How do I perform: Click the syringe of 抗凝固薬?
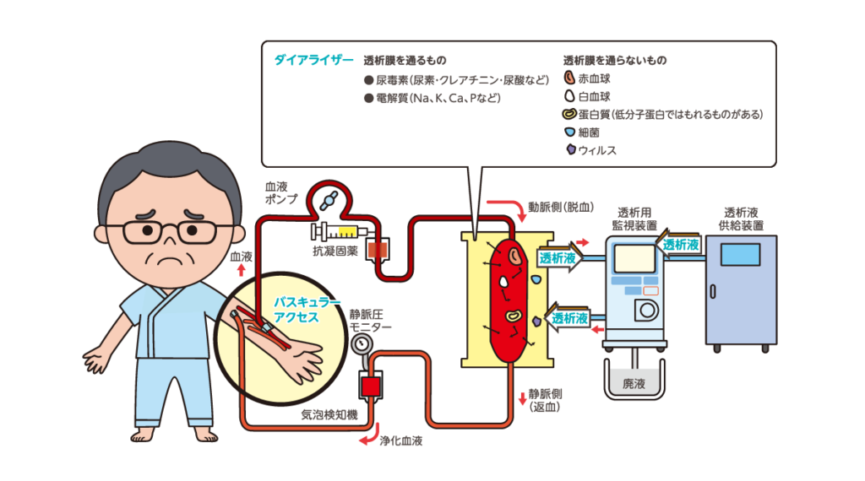[339, 230]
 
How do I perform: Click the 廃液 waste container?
[634, 381]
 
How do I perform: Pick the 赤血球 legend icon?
[569, 79]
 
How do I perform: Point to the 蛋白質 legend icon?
[569, 115]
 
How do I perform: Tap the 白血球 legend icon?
[569, 97]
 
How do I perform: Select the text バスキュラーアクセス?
[296, 309]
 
